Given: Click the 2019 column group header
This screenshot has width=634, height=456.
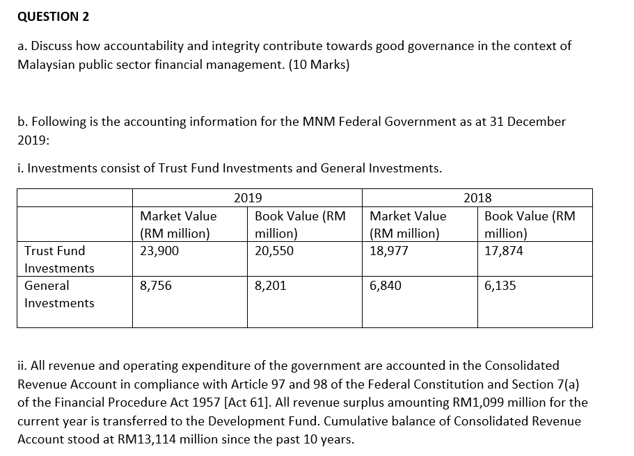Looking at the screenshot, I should click(x=247, y=197).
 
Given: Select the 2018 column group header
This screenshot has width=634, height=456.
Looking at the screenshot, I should click(x=477, y=197).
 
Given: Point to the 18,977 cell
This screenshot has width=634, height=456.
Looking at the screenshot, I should click(x=389, y=251).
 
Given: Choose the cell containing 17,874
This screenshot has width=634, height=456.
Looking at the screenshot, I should click(x=504, y=251).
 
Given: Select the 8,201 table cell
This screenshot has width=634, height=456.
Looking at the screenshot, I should click(x=271, y=286).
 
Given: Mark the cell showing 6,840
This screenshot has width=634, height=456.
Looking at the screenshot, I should click(x=386, y=286).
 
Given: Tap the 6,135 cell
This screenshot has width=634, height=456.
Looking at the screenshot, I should click(x=500, y=286).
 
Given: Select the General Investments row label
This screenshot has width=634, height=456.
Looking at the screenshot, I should click(x=59, y=294).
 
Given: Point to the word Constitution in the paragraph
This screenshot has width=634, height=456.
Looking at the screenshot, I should click(x=367, y=384).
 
